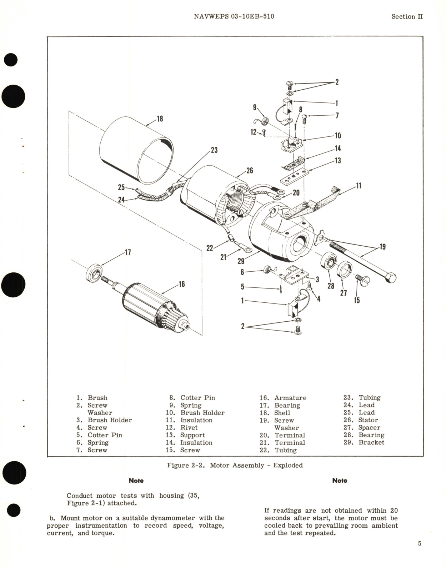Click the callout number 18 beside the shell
point(160,119)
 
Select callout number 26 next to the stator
point(250,170)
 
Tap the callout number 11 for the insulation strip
point(359,186)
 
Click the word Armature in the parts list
point(290,398)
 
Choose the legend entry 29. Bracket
point(364,442)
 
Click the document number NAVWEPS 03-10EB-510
point(234,16)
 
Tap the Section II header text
point(407,16)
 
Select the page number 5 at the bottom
point(420,543)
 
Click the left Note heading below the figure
point(136,481)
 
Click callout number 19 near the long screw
point(382,247)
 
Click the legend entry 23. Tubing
point(362,398)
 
